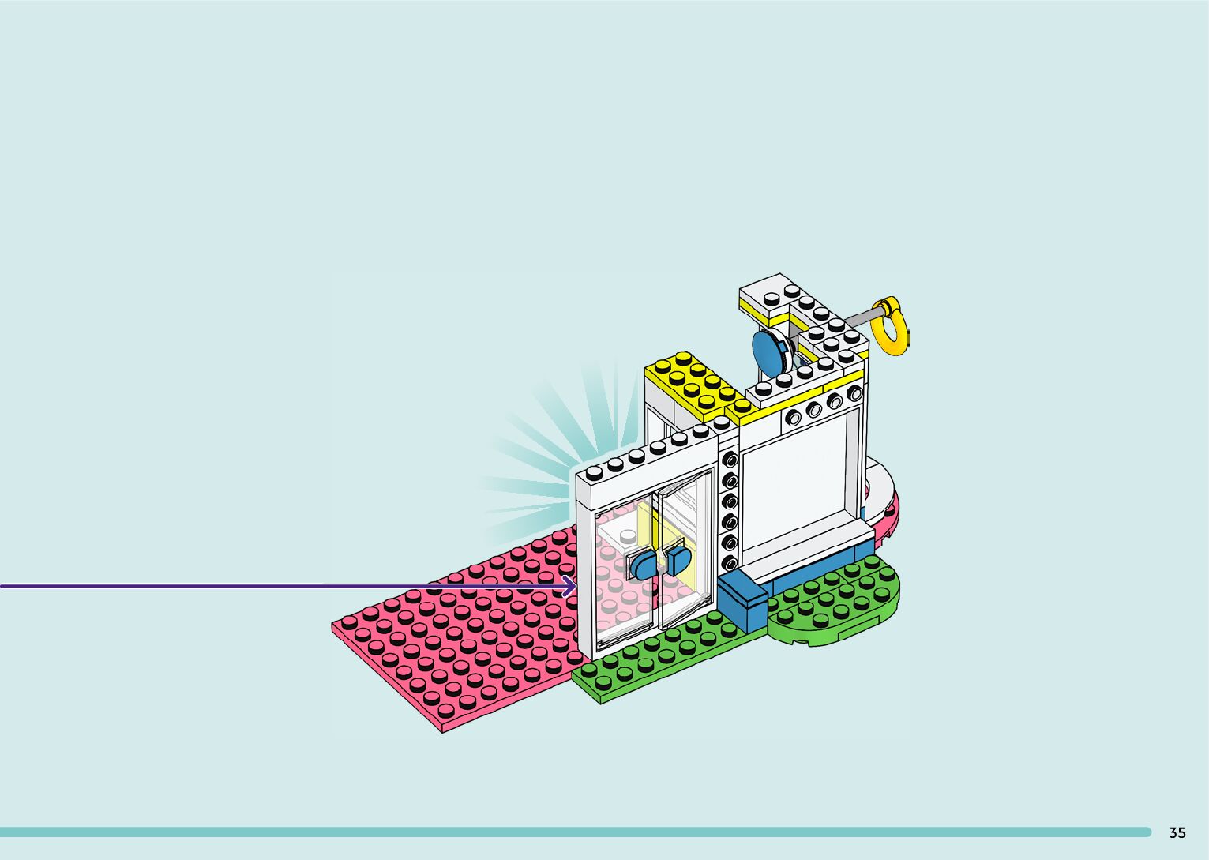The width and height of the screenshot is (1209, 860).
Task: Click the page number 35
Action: pyautogui.click(x=1177, y=832)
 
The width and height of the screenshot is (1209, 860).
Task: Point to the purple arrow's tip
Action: pyautogui.click(x=573, y=586)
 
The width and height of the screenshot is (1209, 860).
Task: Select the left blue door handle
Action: pyautogui.click(x=643, y=566)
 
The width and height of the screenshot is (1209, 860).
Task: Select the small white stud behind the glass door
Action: pyautogui.click(x=628, y=538)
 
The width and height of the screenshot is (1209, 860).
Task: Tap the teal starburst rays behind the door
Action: pyautogui.click(x=537, y=450)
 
